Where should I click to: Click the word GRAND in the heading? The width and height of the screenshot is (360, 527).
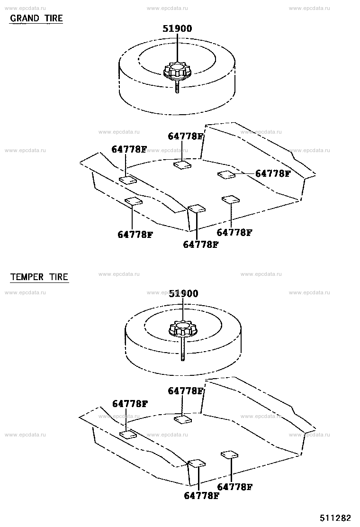(x=25, y=18)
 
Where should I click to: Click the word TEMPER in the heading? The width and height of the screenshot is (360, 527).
(x=27, y=277)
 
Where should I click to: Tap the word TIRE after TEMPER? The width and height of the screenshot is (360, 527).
(x=59, y=277)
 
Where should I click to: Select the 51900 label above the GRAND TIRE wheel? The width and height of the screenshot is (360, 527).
(x=177, y=28)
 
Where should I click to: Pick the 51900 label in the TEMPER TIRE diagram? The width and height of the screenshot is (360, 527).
(x=183, y=293)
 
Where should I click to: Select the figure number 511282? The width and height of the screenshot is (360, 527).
(x=335, y=518)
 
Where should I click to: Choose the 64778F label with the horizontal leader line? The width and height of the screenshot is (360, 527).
(x=273, y=173)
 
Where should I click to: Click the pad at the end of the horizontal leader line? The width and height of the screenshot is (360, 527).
(x=226, y=174)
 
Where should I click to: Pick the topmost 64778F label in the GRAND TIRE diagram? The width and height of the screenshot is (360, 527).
(x=185, y=136)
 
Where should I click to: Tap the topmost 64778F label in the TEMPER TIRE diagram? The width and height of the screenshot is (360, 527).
(x=185, y=391)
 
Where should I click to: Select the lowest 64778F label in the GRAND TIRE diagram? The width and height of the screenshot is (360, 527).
(x=200, y=245)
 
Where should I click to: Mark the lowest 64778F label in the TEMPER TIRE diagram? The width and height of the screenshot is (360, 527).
(x=201, y=495)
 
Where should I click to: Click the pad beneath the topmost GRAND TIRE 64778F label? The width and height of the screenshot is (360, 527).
(x=182, y=165)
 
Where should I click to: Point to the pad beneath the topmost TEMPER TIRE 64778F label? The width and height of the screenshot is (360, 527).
(x=183, y=419)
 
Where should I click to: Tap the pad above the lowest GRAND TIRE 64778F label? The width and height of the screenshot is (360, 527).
(x=197, y=209)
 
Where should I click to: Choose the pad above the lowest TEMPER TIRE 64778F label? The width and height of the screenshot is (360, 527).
(x=197, y=463)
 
